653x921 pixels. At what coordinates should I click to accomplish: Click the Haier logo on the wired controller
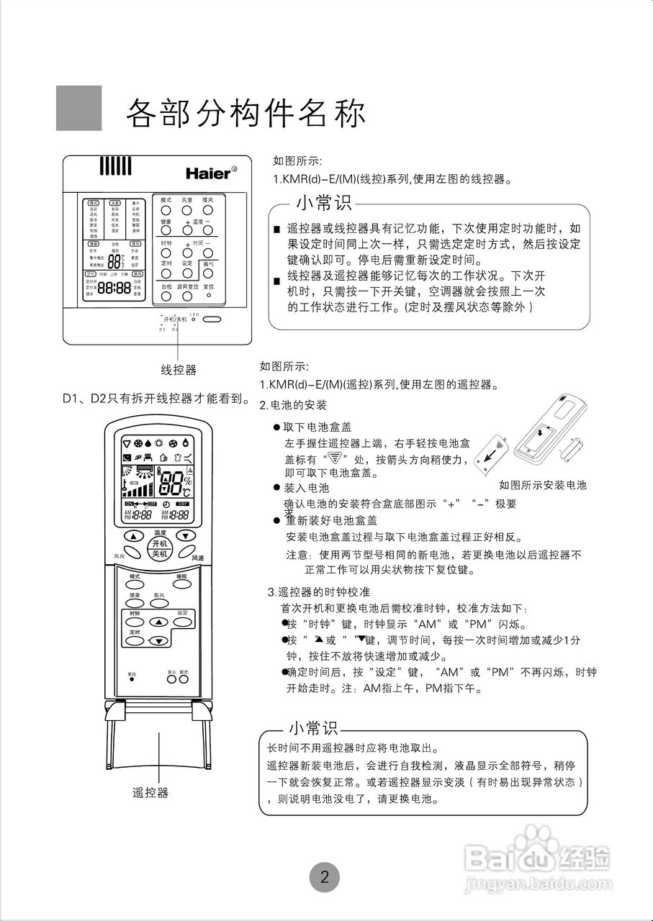click(x=210, y=173)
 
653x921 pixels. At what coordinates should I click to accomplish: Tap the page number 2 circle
click(x=324, y=876)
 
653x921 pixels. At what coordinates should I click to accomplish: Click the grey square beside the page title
click(x=79, y=108)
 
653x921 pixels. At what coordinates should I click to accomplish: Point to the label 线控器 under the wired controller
click(x=178, y=370)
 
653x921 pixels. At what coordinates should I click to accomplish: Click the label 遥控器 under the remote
click(x=150, y=792)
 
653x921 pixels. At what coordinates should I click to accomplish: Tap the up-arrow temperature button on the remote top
click(x=133, y=536)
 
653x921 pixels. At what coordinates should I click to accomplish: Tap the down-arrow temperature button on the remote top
click(x=186, y=536)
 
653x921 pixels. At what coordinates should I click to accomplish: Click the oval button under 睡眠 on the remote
click(x=182, y=584)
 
